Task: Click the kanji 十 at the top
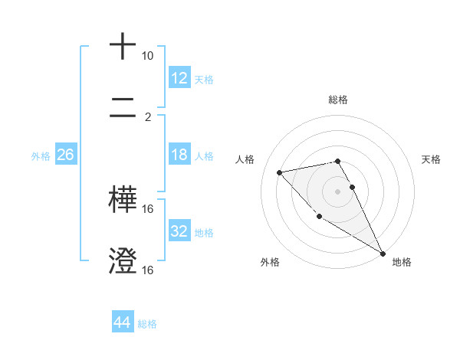pos(123,46)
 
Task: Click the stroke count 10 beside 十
pos(147,56)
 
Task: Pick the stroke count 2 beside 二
pos(147,117)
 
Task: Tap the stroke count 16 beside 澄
pos(148,270)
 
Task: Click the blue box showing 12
pos(179,77)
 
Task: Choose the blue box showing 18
pos(179,155)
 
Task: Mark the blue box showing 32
pos(179,231)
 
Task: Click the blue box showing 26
pos(65,155)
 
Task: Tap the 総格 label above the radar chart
pos(338,100)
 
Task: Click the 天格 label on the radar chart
pos(431,159)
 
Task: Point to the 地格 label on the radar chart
pos(402,262)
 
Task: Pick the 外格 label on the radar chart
pos(270,262)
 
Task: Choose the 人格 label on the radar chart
pos(245,159)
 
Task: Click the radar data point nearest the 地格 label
pos(383,254)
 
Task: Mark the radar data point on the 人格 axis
pos(280,172)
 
